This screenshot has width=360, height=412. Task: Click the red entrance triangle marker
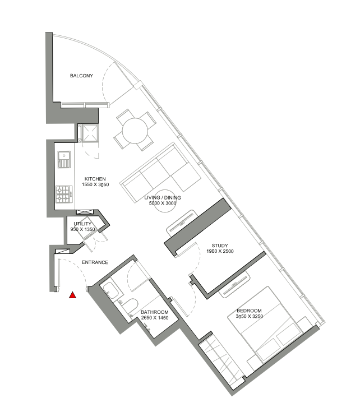pos(72,295)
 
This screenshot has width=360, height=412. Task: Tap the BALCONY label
pos(81,76)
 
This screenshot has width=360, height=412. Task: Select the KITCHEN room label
pos(95,179)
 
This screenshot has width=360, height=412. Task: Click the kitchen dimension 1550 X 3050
pos(95,184)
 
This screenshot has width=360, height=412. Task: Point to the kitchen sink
pos(64,160)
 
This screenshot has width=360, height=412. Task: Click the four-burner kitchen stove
pos(64,194)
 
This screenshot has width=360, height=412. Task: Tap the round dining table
pos(135,131)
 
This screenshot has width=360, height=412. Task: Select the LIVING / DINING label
pos(163,197)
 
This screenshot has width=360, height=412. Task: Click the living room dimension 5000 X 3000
pos(163,203)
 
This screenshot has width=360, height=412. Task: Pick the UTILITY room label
pos(82,224)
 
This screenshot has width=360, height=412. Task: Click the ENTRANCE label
pos(95,262)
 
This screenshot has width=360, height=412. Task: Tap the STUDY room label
pos(220,246)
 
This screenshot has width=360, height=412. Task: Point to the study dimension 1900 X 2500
pos(220,251)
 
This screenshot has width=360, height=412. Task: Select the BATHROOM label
pos(155,312)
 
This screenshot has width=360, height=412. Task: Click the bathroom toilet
pos(130,306)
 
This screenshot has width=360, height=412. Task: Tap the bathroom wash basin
pos(111,290)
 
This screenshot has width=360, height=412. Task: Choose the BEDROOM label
pos(249,311)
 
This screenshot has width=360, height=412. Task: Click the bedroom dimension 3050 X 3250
pos(250,316)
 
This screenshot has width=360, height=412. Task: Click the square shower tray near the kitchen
pos(90,133)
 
